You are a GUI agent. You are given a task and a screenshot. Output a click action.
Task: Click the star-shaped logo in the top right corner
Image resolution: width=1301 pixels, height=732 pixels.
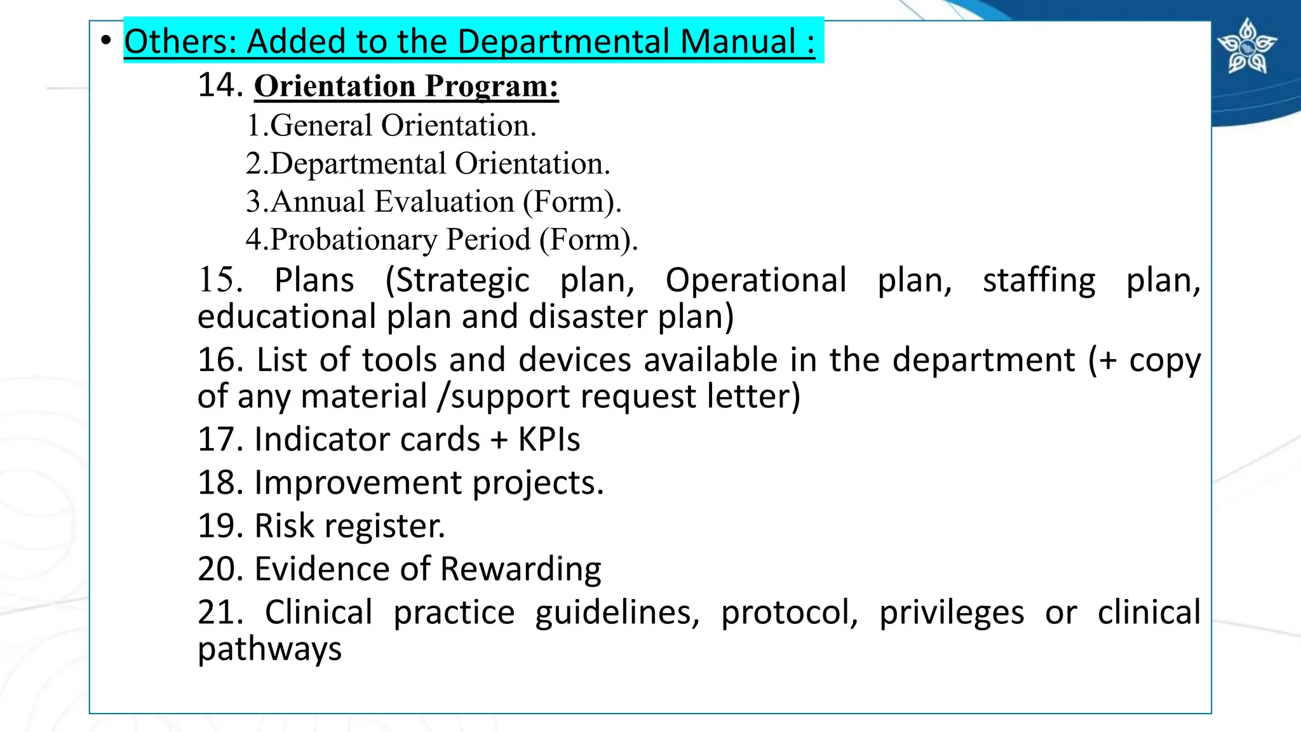click(1247, 46)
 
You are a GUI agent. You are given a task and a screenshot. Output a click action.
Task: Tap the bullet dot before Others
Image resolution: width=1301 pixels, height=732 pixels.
click(106, 41)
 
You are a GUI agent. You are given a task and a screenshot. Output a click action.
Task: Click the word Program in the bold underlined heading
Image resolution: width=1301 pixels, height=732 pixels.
click(492, 86)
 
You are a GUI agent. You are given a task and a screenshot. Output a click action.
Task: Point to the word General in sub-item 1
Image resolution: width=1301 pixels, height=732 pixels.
click(321, 125)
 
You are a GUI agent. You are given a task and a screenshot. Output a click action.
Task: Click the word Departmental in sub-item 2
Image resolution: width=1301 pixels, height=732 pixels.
click(358, 164)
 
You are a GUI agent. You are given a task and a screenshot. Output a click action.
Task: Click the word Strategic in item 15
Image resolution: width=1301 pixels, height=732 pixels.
click(462, 280)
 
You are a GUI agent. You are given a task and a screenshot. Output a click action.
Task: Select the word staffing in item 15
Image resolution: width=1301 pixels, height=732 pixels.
click(1039, 280)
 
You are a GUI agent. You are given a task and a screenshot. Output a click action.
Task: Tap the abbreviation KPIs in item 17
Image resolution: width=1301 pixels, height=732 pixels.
click(549, 440)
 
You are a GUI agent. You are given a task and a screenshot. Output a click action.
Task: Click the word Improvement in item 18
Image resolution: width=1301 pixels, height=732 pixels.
click(358, 483)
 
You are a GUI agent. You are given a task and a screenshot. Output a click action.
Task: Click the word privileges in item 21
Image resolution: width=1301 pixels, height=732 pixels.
click(951, 613)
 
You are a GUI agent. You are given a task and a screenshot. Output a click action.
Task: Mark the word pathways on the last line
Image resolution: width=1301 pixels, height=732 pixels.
click(269, 649)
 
